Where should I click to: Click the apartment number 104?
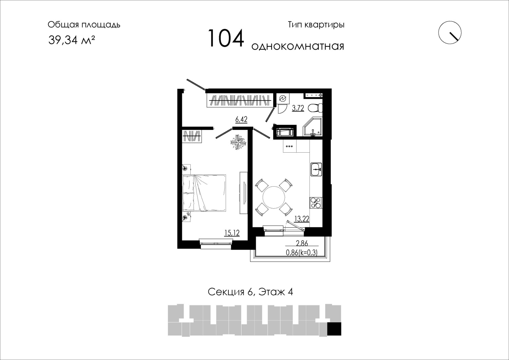226,38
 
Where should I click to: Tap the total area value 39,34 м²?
72,40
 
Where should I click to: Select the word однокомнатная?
298,46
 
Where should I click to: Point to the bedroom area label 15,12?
232,233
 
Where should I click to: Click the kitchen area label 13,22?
302,219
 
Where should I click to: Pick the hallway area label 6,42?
241,119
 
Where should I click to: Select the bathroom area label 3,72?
298,108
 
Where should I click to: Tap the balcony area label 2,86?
302,243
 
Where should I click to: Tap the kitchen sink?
316,169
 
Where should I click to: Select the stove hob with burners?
316,203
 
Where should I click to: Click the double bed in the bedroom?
204,193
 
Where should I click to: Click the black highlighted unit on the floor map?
334,329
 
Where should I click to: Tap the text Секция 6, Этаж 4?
250,292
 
